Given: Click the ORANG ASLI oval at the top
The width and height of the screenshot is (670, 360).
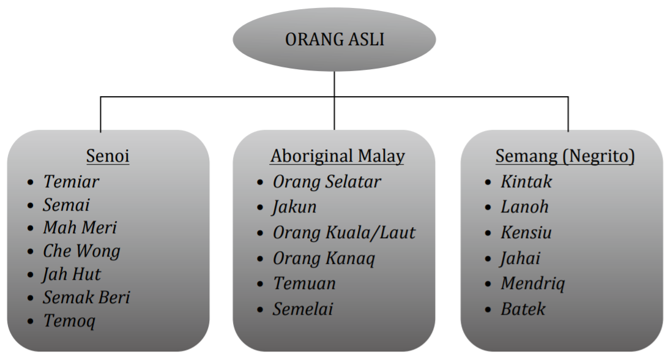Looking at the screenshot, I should [334, 40].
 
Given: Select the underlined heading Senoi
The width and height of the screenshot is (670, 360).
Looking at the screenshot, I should [108, 156].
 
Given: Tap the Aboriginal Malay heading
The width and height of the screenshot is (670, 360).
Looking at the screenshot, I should [337, 156].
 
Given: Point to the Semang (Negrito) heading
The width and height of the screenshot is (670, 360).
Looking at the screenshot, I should [565, 156].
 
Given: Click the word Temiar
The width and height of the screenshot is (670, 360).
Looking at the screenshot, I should [71, 181].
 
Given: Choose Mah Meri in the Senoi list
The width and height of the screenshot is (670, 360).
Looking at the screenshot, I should [80, 228].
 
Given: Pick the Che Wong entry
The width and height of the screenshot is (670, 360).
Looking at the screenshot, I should [81, 251].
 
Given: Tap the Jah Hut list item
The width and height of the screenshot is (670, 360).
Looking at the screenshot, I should [72, 274].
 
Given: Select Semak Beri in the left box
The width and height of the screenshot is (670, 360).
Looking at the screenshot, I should [86, 298].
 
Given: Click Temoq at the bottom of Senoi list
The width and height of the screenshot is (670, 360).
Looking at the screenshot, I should [69, 321].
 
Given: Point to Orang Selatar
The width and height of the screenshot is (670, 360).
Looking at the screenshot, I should [327, 181].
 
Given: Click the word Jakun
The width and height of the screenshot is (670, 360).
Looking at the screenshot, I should [294, 207].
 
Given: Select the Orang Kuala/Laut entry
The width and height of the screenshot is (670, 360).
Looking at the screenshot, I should [344, 233].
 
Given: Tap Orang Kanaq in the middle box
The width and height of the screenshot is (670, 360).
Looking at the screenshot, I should [324, 258].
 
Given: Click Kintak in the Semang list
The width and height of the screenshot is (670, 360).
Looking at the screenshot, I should [526, 181].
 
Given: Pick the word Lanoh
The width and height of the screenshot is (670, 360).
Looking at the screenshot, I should [524, 207].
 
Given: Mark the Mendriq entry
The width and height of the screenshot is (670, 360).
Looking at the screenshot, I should [532, 284].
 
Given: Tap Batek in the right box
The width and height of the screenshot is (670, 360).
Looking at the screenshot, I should [523, 309].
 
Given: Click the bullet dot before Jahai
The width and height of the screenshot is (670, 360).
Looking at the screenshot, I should [488, 259].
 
